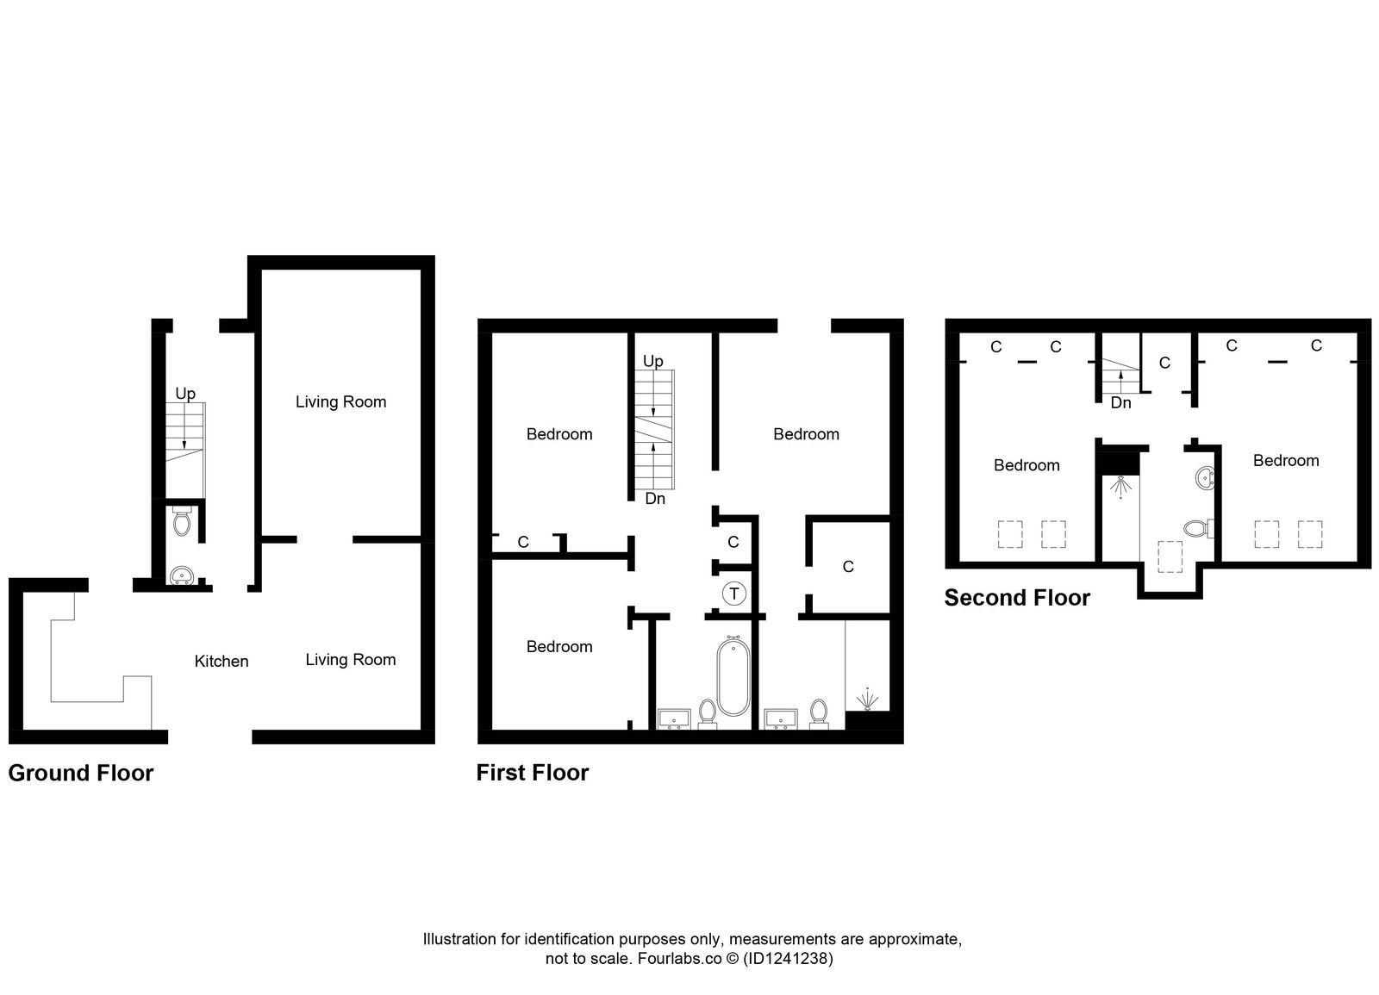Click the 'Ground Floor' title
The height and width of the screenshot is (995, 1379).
pyautogui.click(x=80, y=773)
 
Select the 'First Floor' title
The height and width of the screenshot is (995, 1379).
pyautogui.click(x=532, y=773)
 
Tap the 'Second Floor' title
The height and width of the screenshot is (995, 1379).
pyautogui.click(x=1017, y=598)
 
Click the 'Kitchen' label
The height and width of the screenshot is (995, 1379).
pyautogui.click(x=222, y=662)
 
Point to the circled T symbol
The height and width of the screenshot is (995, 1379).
pyautogui.click(x=733, y=594)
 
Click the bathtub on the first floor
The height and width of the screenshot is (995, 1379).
pyautogui.click(x=733, y=676)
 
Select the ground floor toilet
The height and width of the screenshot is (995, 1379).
pyautogui.click(x=181, y=522)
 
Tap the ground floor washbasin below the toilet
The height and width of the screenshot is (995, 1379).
pyautogui.click(x=181, y=575)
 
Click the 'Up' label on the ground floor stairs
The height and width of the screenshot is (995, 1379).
pyautogui.click(x=185, y=394)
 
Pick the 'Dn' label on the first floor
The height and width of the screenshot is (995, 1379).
pyautogui.click(x=655, y=499)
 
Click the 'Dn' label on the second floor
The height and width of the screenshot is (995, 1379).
pyautogui.click(x=1120, y=402)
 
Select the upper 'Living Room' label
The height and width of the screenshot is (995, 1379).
pyautogui.click(x=340, y=401)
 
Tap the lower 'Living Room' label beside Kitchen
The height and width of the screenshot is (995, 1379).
pyautogui.click(x=351, y=660)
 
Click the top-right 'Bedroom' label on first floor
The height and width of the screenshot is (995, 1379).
pyautogui.click(x=806, y=434)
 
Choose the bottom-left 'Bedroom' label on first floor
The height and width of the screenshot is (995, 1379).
pyautogui.click(x=559, y=647)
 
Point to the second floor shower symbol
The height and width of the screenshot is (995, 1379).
pyautogui.click(x=1120, y=488)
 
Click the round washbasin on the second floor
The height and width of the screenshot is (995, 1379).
pyautogui.click(x=1206, y=476)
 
